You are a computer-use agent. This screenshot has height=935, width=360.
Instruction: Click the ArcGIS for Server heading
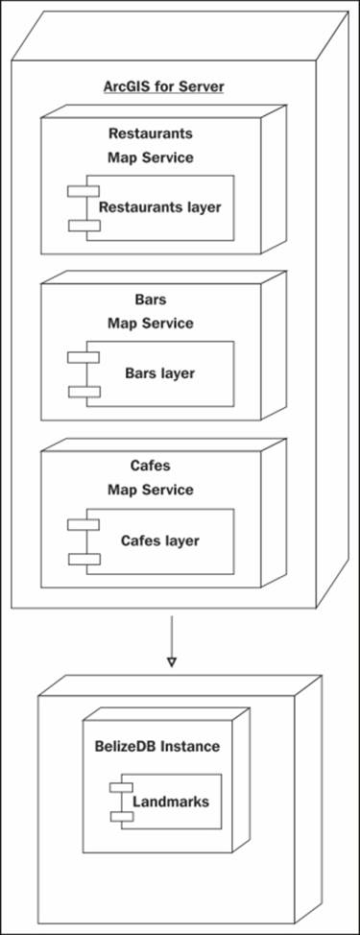pos(163,86)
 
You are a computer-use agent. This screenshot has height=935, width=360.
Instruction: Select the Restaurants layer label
pos(159,206)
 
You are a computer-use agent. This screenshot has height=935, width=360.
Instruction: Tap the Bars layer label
pos(159,372)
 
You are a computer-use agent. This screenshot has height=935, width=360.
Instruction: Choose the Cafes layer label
pos(159,540)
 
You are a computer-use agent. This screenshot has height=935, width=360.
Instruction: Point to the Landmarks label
pos(170,801)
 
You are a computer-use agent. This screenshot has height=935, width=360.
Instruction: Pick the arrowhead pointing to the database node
pos(172,661)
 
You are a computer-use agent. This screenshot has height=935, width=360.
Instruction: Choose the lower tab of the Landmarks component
pos(121,815)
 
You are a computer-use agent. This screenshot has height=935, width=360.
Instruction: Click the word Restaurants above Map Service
pos(150,133)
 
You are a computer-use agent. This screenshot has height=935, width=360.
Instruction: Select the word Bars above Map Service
pos(150,300)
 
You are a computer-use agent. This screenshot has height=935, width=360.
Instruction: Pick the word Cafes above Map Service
pos(150,467)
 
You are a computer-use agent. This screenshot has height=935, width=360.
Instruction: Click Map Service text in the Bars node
pos(150,323)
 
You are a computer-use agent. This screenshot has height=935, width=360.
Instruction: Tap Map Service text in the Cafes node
pos(150,490)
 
